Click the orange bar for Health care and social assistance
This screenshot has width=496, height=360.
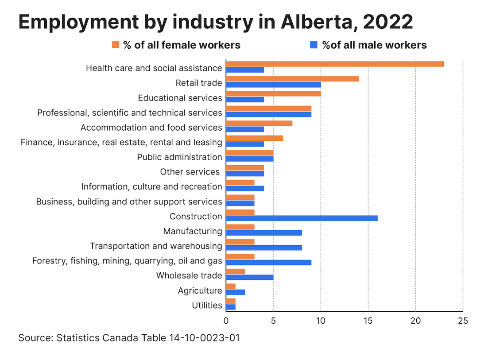335,64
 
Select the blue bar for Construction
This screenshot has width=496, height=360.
302,218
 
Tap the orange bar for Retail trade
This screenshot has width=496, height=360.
292,79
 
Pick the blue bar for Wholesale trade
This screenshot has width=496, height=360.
249,278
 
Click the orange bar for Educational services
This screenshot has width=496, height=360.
273,94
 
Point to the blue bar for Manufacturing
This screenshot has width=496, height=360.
263,233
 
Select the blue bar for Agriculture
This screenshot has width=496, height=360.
235,292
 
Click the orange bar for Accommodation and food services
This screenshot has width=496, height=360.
259,123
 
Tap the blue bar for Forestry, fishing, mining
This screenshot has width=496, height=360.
268,263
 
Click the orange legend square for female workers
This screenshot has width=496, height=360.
116,45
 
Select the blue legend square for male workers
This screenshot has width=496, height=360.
314,45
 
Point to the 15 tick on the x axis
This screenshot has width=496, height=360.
368,320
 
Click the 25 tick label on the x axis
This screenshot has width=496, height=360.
463,320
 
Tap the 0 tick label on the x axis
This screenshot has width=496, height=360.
226,320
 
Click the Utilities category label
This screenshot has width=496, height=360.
207,305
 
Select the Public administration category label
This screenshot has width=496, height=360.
179,157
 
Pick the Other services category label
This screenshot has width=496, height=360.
190,172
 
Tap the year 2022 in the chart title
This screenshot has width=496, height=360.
388,22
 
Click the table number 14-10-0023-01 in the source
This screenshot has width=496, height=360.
204,338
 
